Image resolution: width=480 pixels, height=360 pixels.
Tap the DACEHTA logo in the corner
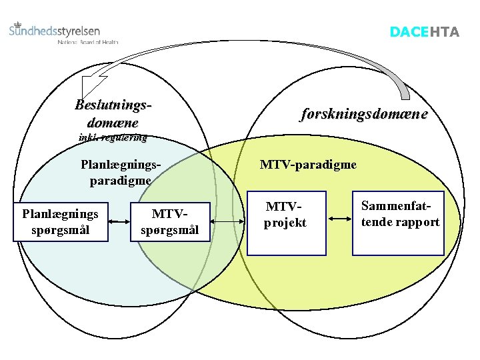pyautogui.click(x=424, y=32)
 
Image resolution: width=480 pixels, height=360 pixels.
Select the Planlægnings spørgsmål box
pyautogui.click(x=60, y=222)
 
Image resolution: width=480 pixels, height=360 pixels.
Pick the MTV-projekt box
pyautogui.click(x=286, y=224)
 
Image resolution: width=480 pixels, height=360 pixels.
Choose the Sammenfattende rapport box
pyautogui.click(x=399, y=222)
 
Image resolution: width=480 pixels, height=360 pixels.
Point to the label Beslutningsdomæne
pyautogui.click(x=113, y=113)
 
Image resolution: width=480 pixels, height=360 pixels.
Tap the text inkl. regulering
pyautogui.click(x=113, y=138)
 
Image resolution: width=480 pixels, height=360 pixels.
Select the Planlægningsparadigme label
pyautogui.click(x=120, y=171)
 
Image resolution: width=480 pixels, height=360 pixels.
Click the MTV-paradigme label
pyautogui.click(x=308, y=164)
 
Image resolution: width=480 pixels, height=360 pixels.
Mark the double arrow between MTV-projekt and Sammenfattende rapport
pyautogui.click(x=339, y=218)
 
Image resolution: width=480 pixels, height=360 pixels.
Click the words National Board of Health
pyautogui.click(x=88, y=41)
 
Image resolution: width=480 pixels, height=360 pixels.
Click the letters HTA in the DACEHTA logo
pyautogui.click(x=444, y=32)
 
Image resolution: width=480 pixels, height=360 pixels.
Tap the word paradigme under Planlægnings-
pyautogui.click(x=120, y=179)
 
